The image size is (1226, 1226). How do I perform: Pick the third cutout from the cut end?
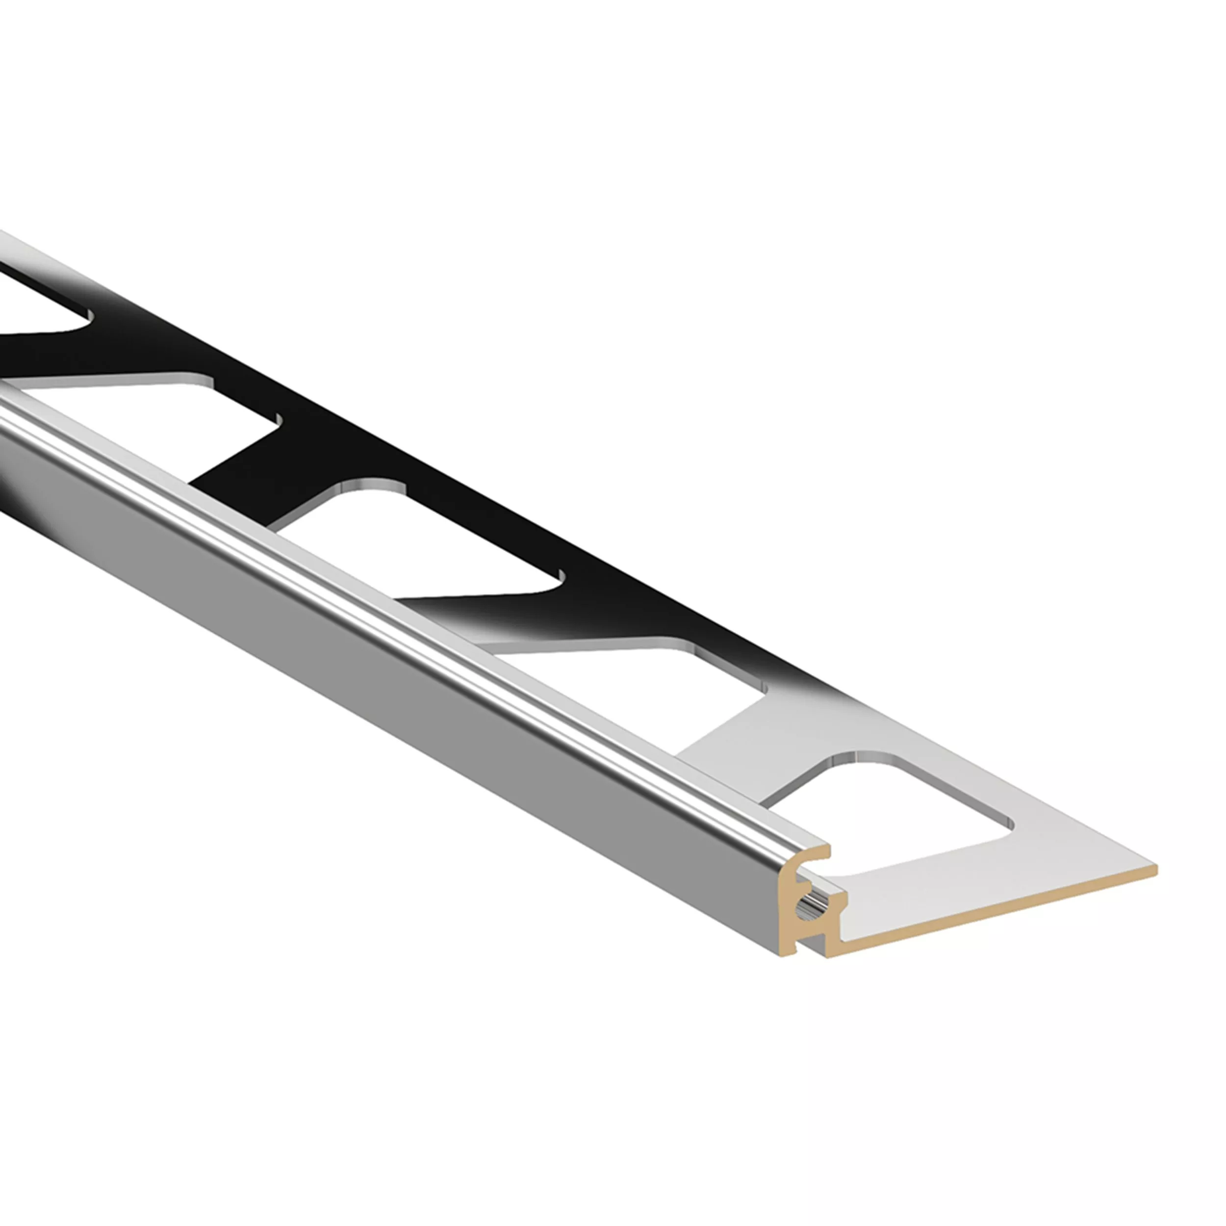419,539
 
